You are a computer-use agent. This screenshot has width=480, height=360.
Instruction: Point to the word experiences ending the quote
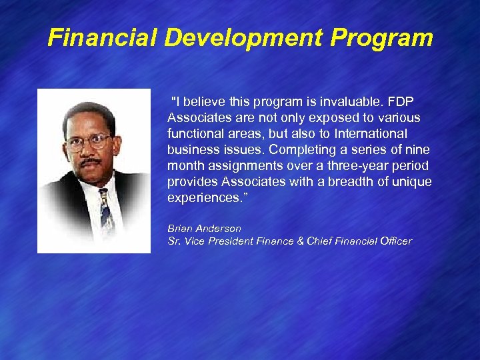click(201, 198)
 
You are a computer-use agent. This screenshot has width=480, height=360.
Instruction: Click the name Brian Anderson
click(204, 229)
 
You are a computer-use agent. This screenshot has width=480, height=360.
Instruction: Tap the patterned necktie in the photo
click(106, 213)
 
